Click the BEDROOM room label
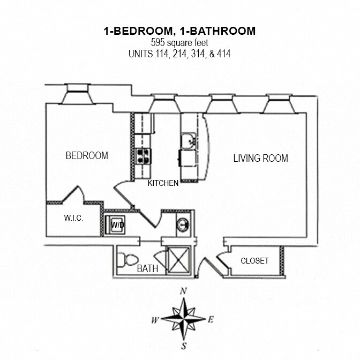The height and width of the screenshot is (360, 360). point(87,156)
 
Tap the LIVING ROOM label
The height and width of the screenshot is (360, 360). point(260,158)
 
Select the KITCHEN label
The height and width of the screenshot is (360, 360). point(163,183)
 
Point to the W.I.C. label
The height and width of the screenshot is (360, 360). point(73,218)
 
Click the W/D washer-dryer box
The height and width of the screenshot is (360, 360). point(117,224)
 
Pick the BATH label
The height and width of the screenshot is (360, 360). point(147,268)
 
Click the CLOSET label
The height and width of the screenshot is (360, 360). point(254,261)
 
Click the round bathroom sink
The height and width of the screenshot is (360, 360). point(182,224)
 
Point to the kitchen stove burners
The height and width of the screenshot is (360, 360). point(144,156)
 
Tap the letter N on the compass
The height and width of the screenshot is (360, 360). point(183,291)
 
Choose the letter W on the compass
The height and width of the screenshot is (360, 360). point(154,320)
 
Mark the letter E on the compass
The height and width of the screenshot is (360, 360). point(211,320)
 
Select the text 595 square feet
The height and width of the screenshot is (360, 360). point(179,42)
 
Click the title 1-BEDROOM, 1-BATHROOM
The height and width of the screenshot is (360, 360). point(179,31)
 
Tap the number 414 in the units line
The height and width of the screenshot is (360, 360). point(223,54)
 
